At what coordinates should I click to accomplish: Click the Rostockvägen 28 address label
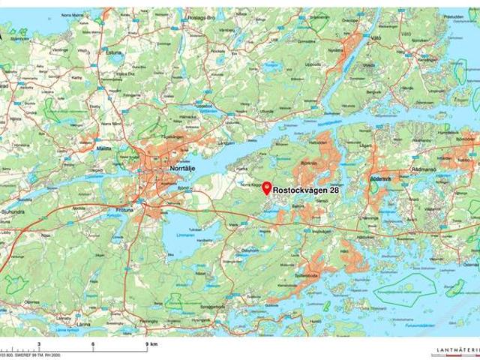[x=307, y=190]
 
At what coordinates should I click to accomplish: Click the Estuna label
[x=113, y=53]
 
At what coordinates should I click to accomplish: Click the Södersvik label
[x=381, y=179]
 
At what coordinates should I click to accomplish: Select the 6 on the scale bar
[x=93, y=343]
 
